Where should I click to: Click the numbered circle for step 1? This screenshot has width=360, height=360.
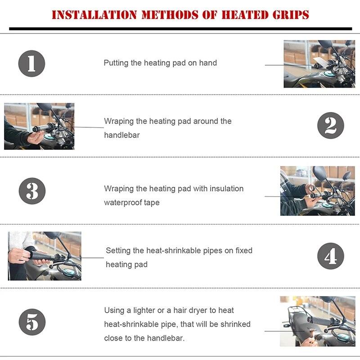[31, 63]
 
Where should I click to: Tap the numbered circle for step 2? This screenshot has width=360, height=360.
[330, 126]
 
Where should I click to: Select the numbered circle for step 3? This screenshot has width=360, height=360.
[32, 191]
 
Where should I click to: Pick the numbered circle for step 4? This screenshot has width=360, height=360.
[330, 256]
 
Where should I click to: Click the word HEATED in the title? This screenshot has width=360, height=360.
[243, 14]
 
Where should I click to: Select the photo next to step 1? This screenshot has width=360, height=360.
[319, 64]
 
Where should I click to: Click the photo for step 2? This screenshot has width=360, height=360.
[39, 126]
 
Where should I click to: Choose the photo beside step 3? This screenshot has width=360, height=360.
[317, 191]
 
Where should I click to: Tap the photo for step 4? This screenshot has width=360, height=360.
[45, 256]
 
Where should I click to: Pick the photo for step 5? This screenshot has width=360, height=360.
[317, 321]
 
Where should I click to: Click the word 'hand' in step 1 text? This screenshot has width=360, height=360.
[208, 63]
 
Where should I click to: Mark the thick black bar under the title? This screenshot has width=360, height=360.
[180, 29]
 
